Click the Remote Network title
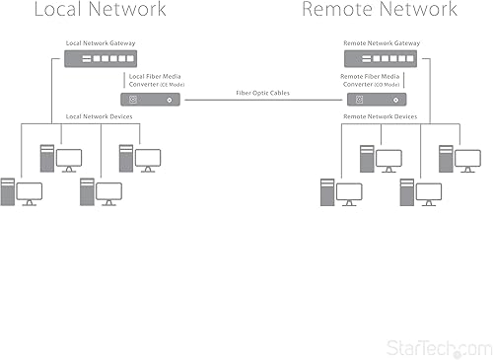(380, 11)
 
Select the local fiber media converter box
(149, 100)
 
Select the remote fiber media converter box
(374, 100)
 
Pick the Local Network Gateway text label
(101, 43)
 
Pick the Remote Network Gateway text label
(380, 43)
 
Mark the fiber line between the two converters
(262, 101)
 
